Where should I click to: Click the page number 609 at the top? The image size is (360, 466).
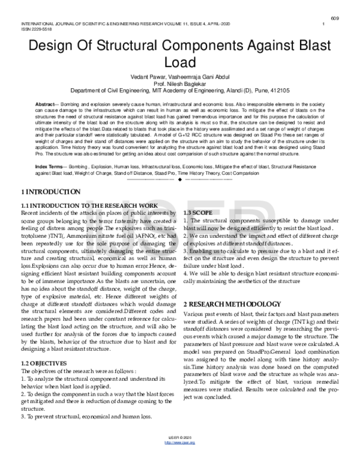(x=335, y=17)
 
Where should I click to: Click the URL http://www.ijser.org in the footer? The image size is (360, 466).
(x=179, y=459)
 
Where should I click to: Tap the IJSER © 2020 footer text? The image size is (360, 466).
(x=179, y=454)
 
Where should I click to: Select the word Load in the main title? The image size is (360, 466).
(x=179, y=62)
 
